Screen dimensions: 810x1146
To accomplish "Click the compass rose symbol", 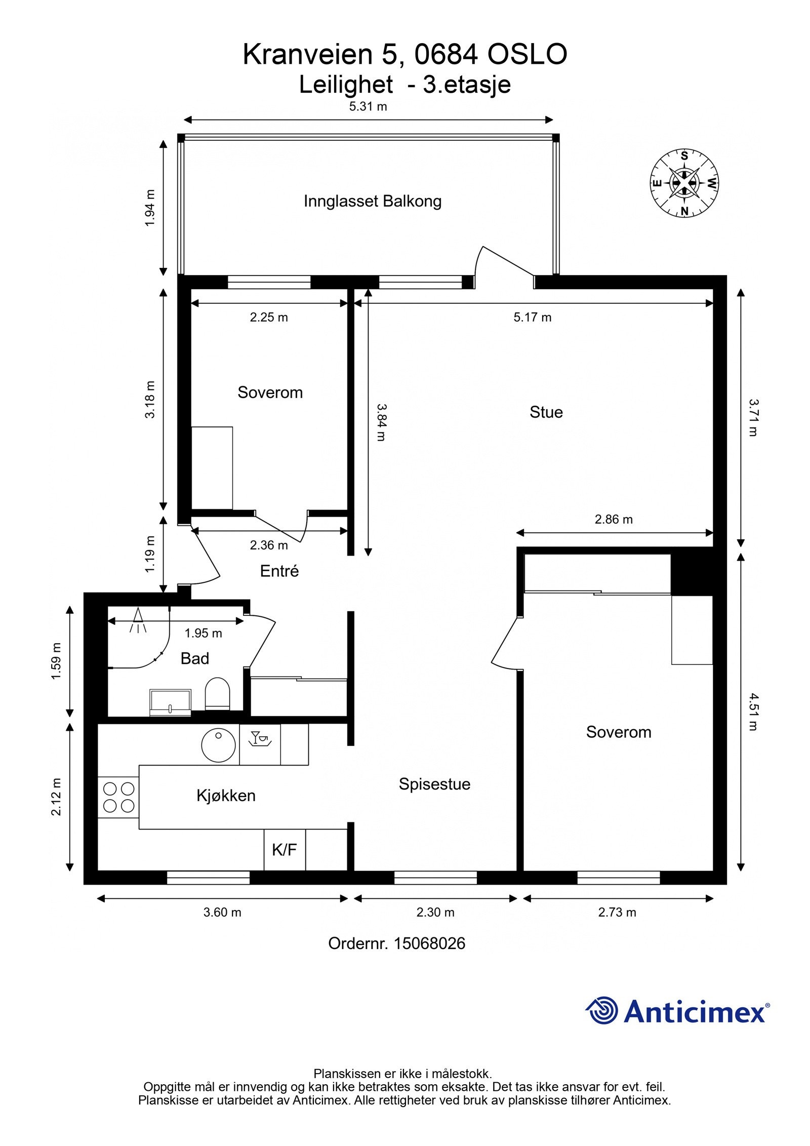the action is point(684,183).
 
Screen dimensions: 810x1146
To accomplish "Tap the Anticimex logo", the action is point(678,1011).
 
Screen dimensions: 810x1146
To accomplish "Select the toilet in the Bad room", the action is point(217,694).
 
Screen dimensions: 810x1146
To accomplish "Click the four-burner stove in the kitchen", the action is point(118,797).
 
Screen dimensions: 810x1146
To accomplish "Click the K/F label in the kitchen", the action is point(284,850).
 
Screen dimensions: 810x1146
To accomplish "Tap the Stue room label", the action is point(546,412).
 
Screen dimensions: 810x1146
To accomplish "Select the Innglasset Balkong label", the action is point(373,202).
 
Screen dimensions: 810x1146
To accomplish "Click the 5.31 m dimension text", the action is point(368,106).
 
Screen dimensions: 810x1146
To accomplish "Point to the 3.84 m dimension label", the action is point(381,422).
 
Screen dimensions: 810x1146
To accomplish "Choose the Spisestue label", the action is point(434,784).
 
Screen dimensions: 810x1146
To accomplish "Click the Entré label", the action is point(279,571).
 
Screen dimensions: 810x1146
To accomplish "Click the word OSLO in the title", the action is point(527,55).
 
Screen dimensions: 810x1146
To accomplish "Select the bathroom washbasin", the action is point(170,702).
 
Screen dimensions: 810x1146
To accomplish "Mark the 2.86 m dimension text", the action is point(614,519).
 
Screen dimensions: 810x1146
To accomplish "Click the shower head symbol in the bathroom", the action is point(138,620).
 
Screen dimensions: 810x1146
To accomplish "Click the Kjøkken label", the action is point(226,796).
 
